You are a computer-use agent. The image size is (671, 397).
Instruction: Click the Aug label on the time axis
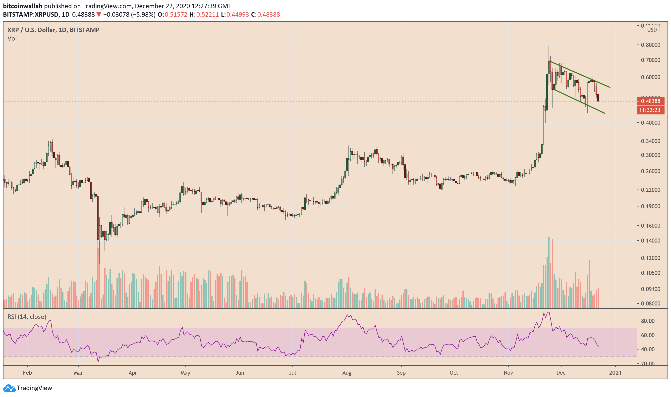347,373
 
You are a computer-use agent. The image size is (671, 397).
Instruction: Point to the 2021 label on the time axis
615,373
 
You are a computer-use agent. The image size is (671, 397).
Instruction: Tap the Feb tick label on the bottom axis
27,373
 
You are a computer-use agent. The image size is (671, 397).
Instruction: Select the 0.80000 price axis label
650,45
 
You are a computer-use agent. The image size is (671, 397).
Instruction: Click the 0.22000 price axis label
650,190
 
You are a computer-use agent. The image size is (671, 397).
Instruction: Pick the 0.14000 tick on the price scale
650,241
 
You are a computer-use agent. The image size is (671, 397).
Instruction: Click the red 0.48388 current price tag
650,101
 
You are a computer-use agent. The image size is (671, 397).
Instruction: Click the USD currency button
652,30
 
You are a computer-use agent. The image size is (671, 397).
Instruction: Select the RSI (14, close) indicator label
27,317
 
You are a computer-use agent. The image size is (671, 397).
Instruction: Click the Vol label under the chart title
12,39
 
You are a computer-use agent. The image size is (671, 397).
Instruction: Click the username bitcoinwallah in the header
22,6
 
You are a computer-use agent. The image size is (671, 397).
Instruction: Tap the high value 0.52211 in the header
207,14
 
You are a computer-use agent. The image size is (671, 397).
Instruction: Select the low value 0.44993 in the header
237,14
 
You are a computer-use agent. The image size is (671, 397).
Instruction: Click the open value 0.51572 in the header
176,14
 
